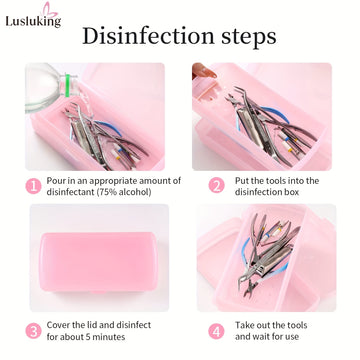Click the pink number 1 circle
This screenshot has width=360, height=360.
[33, 186]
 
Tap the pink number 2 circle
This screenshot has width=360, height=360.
[217, 185]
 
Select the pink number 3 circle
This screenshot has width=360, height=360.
[33, 331]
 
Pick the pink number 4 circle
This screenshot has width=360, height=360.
[217, 331]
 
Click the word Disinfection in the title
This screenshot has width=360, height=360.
[148, 36]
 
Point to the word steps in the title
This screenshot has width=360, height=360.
[249, 37]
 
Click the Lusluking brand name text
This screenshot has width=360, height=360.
[33, 21]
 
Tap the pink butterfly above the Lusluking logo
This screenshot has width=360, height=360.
[50, 9]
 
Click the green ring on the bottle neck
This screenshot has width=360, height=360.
[68, 85]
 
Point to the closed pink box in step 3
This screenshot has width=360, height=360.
[98, 263]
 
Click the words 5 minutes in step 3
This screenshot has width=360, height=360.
[102, 337]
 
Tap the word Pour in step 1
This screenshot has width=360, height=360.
[55, 181]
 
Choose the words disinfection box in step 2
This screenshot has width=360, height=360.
[267, 192]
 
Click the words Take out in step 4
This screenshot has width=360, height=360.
[255, 325]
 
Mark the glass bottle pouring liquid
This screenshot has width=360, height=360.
[50, 87]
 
